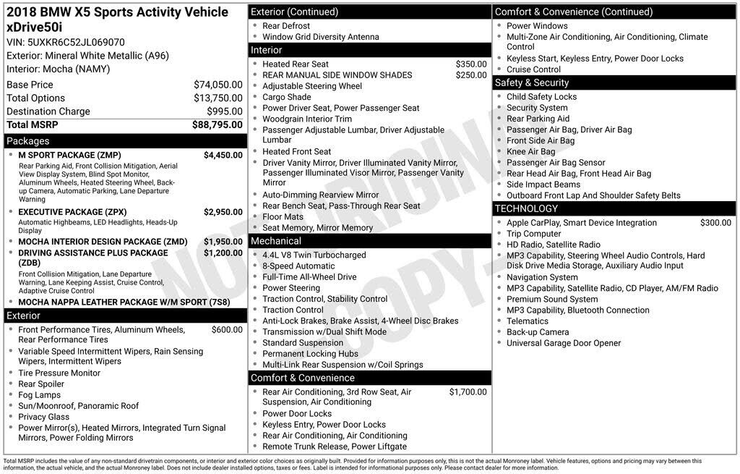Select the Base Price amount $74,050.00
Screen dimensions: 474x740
218,85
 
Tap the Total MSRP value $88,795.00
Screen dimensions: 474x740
217,125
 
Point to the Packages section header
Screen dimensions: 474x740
28,141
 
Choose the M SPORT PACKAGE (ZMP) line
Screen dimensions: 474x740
69,155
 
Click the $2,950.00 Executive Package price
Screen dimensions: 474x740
223,212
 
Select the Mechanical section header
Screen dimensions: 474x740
276,241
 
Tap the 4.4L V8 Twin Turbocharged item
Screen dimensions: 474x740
314,255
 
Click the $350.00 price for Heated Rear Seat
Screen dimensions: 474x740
471,64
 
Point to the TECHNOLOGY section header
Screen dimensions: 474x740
526,208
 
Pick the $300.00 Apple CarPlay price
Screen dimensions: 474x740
715,223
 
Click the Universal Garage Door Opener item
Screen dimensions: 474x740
564,343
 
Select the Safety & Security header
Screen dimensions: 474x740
532,83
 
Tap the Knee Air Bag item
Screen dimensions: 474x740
530,152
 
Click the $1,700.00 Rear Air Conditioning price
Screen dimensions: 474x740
468,392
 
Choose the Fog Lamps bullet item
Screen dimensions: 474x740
39,395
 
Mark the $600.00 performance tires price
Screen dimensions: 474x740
227,330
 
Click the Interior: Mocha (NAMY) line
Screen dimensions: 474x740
58,69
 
